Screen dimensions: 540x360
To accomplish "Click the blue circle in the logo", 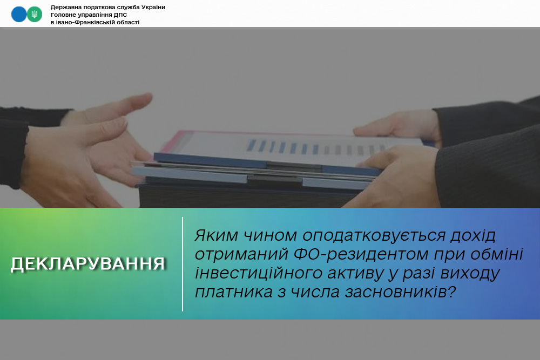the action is point(19,14).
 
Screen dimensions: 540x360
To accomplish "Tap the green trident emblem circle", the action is point(35,14).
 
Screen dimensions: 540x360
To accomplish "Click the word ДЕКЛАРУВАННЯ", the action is point(88,264).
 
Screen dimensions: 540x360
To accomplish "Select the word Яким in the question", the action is point(217,235).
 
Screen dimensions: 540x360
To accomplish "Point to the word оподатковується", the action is point(374,236).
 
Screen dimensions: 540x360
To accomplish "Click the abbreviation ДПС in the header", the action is point(120,15).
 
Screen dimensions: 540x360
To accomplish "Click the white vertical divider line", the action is point(183,264).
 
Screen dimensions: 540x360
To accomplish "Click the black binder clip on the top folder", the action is point(294,167).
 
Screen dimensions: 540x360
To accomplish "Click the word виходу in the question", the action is point(470,274).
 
